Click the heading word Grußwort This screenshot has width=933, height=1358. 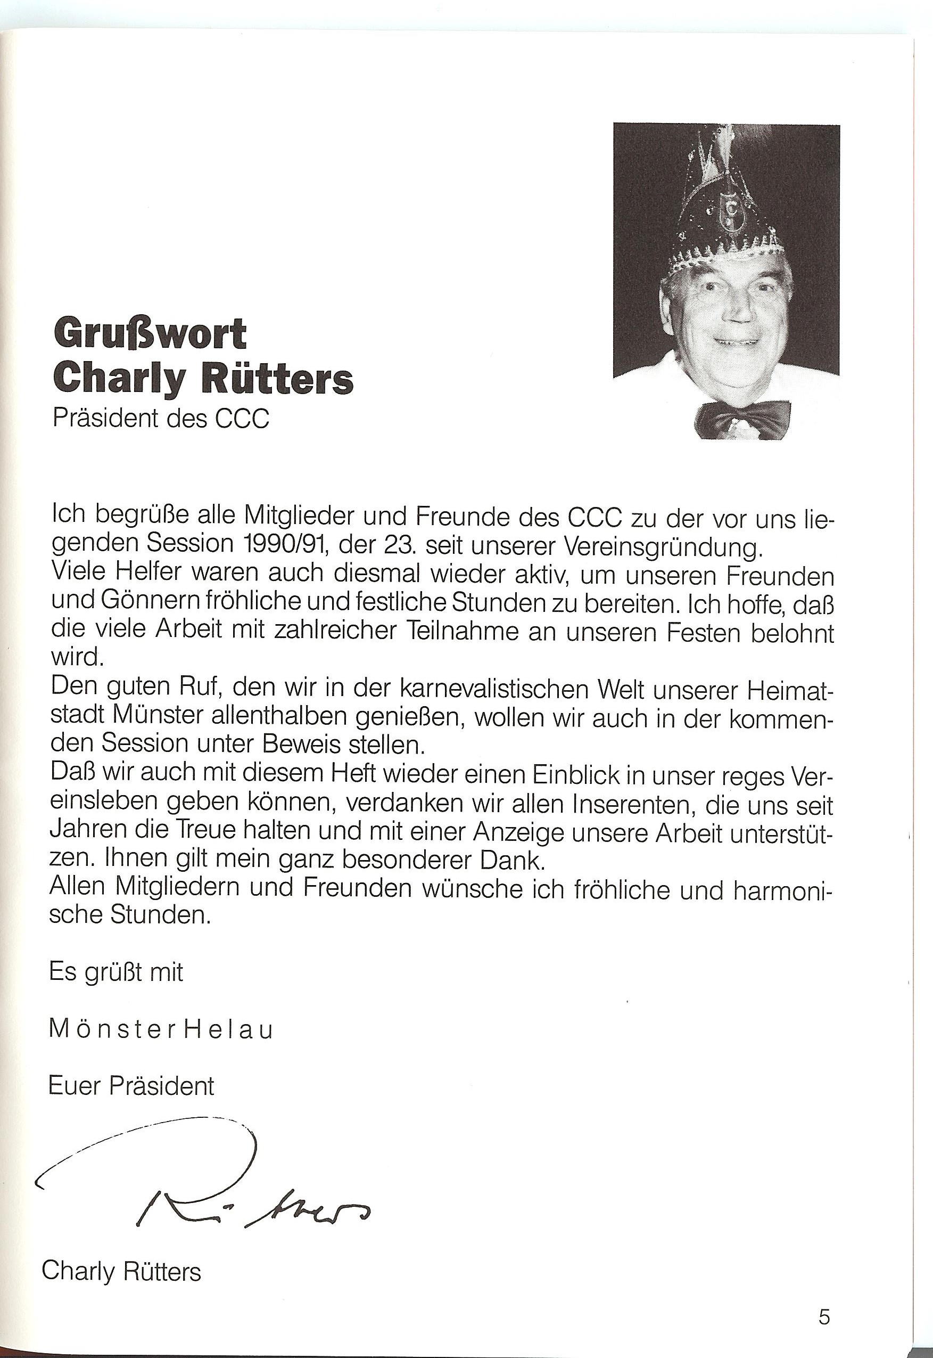[150, 335]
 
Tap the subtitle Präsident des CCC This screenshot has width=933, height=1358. [161, 419]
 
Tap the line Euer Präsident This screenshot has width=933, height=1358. [131, 1086]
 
